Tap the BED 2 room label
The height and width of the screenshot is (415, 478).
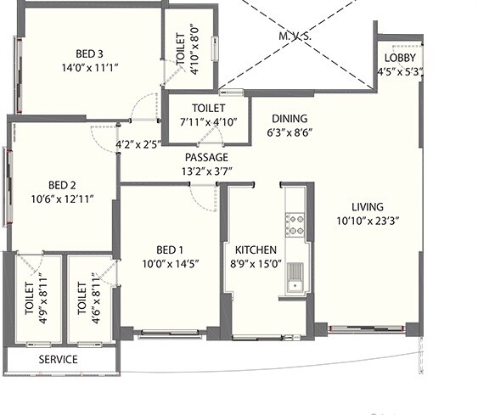tap(62, 185)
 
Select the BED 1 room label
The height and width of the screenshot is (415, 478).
tap(170, 249)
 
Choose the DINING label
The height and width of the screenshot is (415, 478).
tap(290, 119)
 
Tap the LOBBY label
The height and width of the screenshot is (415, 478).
tap(399, 58)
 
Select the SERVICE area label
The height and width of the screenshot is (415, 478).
tap(59, 359)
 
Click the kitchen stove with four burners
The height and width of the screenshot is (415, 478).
tap(295, 224)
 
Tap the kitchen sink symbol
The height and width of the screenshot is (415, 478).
tap(295, 276)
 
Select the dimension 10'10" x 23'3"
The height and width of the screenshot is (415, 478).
tap(368, 220)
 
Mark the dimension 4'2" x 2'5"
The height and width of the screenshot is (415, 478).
tap(138, 145)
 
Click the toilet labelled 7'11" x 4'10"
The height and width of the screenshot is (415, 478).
tap(208, 115)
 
